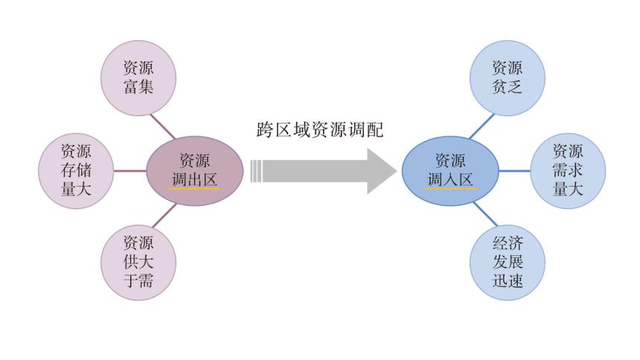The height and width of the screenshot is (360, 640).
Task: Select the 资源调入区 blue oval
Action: [x=449, y=171]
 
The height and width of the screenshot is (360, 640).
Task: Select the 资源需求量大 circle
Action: [x=568, y=170]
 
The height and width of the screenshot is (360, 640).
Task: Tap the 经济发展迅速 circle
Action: [x=508, y=263]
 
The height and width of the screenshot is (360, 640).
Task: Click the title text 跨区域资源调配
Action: [x=319, y=130]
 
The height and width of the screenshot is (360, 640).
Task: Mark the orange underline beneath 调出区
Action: [x=194, y=189]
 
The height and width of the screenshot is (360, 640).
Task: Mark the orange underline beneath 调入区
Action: [x=449, y=189]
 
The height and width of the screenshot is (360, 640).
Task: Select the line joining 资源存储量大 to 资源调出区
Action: [x=129, y=170]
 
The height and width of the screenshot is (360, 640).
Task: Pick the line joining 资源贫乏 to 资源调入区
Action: [x=481, y=126]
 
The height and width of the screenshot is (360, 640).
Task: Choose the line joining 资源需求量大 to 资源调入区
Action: [x=513, y=170]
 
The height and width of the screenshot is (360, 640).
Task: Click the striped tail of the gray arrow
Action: [x=257, y=171]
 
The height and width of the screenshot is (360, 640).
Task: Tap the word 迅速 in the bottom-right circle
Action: [x=508, y=281]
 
